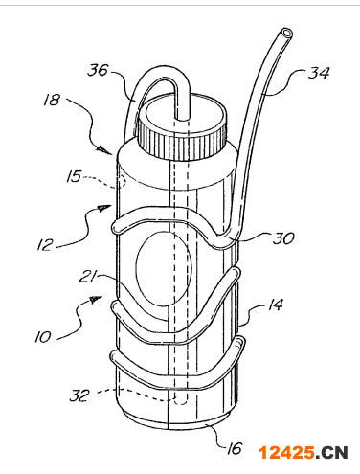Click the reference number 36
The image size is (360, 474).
click(98, 70)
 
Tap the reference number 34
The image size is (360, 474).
click(319, 73)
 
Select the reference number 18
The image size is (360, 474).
click(52, 100)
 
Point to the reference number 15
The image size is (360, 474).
click(74, 176)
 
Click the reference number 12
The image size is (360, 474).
click(44, 245)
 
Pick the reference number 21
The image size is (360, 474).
click(87, 277)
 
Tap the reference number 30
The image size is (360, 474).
click(282, 238)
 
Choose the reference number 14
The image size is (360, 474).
click(275, 305)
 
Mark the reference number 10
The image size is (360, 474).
click(43, 337)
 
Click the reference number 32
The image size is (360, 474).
click(79, 395)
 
